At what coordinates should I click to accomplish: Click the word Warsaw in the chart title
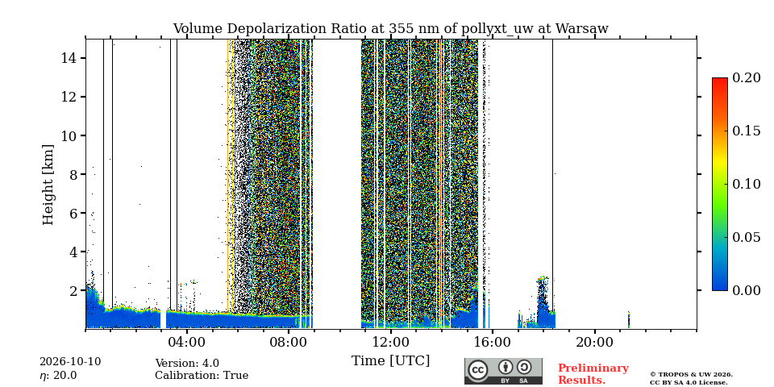581,29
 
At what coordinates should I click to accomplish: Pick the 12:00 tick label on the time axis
390,343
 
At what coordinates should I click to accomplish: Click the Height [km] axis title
48,185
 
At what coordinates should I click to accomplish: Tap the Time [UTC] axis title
390,361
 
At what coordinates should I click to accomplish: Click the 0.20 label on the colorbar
746,78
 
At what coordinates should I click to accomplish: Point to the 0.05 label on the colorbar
746,237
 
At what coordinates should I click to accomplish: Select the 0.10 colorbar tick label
746,184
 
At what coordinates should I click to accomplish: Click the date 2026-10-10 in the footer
70,362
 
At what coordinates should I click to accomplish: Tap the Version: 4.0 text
187,364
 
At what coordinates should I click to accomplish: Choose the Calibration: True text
202,376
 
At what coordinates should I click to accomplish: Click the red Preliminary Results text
593,374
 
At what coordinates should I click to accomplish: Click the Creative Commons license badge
503,371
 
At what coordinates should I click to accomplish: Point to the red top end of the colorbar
720,79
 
